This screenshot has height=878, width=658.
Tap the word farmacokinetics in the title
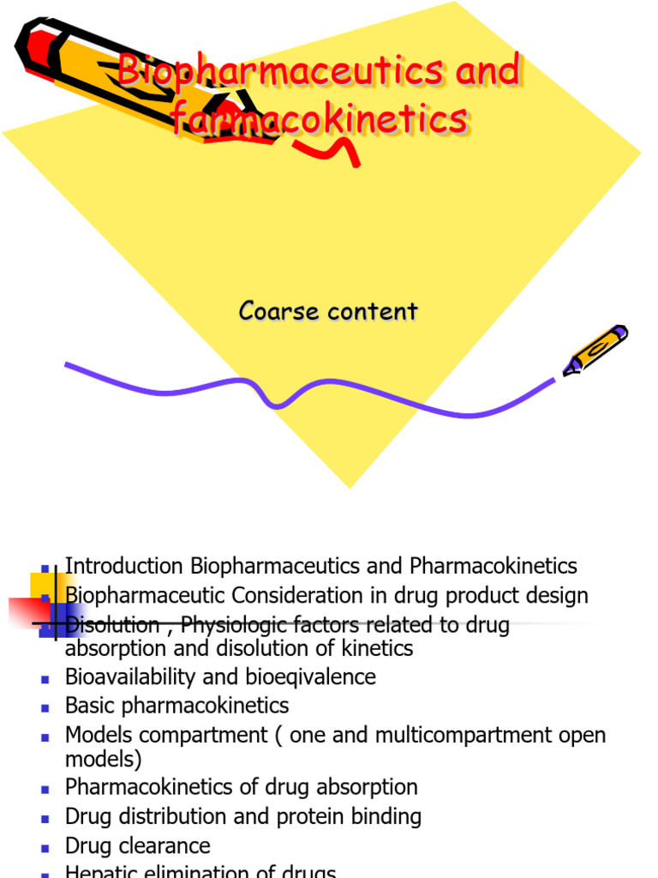(x=320, y=120)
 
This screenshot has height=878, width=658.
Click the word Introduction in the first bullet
(x=125, y=567)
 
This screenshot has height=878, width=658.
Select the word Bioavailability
(x=131, y=677)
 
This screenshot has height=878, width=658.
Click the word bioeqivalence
(x=319, y=677)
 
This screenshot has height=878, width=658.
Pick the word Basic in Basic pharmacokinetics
(x=90, y=706)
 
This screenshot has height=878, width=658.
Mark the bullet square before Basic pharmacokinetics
(x=45, y=707)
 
